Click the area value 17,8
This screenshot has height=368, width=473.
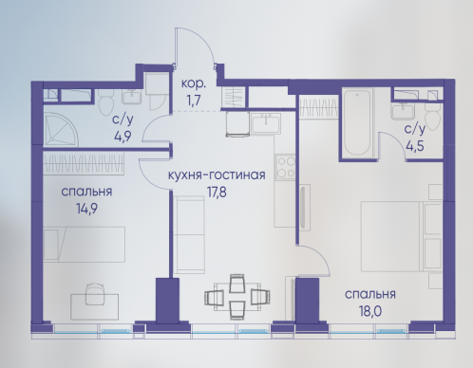(217, 193)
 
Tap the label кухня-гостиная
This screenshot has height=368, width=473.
(217, 175)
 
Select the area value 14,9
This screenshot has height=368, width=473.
(86, 209)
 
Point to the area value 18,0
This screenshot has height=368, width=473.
(370, 311)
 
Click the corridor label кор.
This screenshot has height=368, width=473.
(194, 84)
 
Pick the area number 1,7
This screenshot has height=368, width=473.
(194, 101)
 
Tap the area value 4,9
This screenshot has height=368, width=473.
(123, 137)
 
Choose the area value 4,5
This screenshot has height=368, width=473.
(415, 146)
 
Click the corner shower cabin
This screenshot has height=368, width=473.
(61, 130)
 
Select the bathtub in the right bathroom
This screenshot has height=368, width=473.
(357, 123)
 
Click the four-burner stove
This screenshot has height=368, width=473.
(285, 167)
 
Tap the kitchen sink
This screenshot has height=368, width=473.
(266, 122)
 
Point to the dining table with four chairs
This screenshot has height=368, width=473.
(237, 296)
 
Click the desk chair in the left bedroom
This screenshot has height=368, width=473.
(95, 293)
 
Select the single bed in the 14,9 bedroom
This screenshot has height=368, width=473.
(85, 244)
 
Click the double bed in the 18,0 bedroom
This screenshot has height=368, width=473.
(402, 237)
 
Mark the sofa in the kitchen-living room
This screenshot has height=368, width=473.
(189, 234)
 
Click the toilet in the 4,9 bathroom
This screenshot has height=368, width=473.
(106, 103)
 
